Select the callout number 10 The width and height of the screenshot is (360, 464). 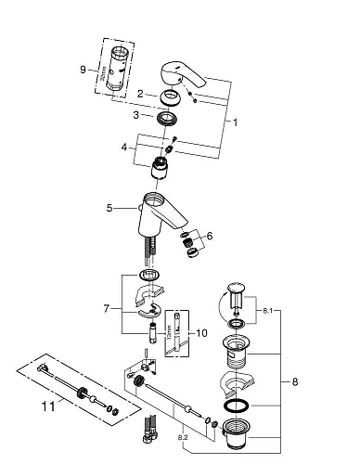click(201, 332)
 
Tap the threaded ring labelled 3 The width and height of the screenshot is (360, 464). click(167, 119)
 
